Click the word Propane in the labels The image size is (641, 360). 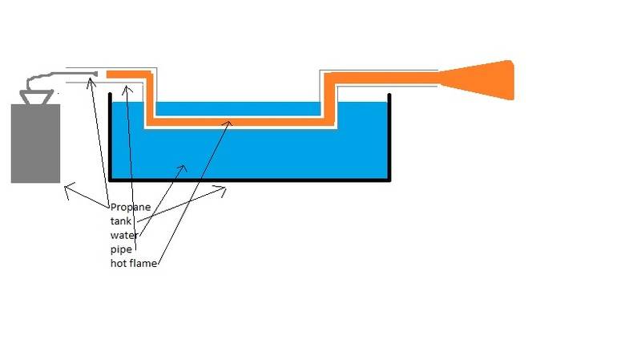coord(131,207)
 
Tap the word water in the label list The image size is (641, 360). coord(124,235)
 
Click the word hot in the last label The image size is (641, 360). coord(119,263)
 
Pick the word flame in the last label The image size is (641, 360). coord(143,263)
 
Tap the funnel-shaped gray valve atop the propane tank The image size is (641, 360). coord(37,97)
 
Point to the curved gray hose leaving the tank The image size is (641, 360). coord(40,79)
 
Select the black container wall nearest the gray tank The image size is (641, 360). coord(110,136)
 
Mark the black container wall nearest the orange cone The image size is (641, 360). coord(389,136)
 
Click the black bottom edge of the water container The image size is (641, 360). coord(248,180)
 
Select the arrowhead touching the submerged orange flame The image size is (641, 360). coord(230,123)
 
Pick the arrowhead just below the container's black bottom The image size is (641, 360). coord(224,190)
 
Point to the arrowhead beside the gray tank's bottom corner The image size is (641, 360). coord(67,189)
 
